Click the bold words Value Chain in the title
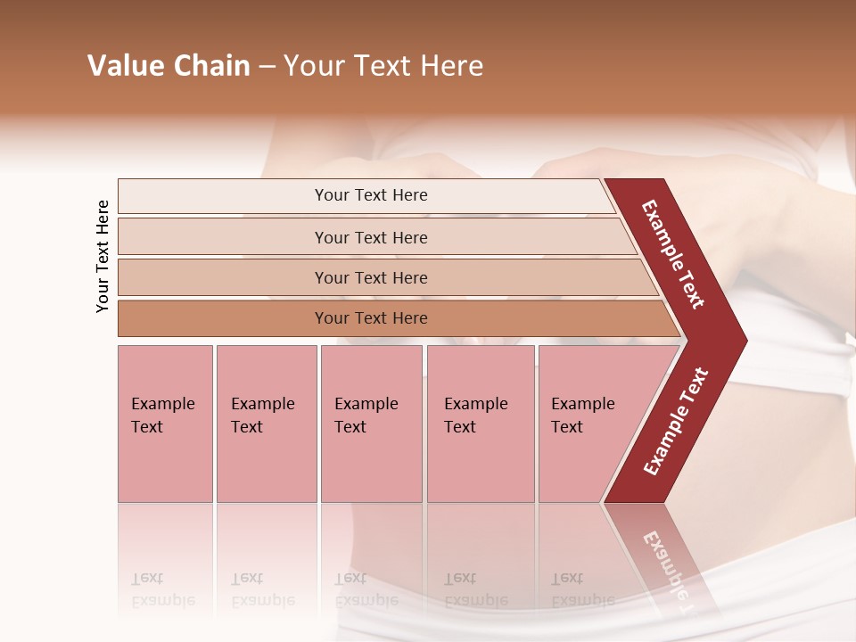tap(169, 66)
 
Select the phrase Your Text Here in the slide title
tap(383, 66)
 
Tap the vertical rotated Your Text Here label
tap(103, 256)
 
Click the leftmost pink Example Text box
tap(165, 424)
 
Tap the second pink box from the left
tap(266, 424)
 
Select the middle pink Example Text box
tap(371, 424)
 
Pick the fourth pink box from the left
tap(481, 424)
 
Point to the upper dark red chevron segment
tap(674, 254)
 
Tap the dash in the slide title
tap(267, 67)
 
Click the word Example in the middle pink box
tap(366, 404)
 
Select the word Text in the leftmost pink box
tap(147, 427)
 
